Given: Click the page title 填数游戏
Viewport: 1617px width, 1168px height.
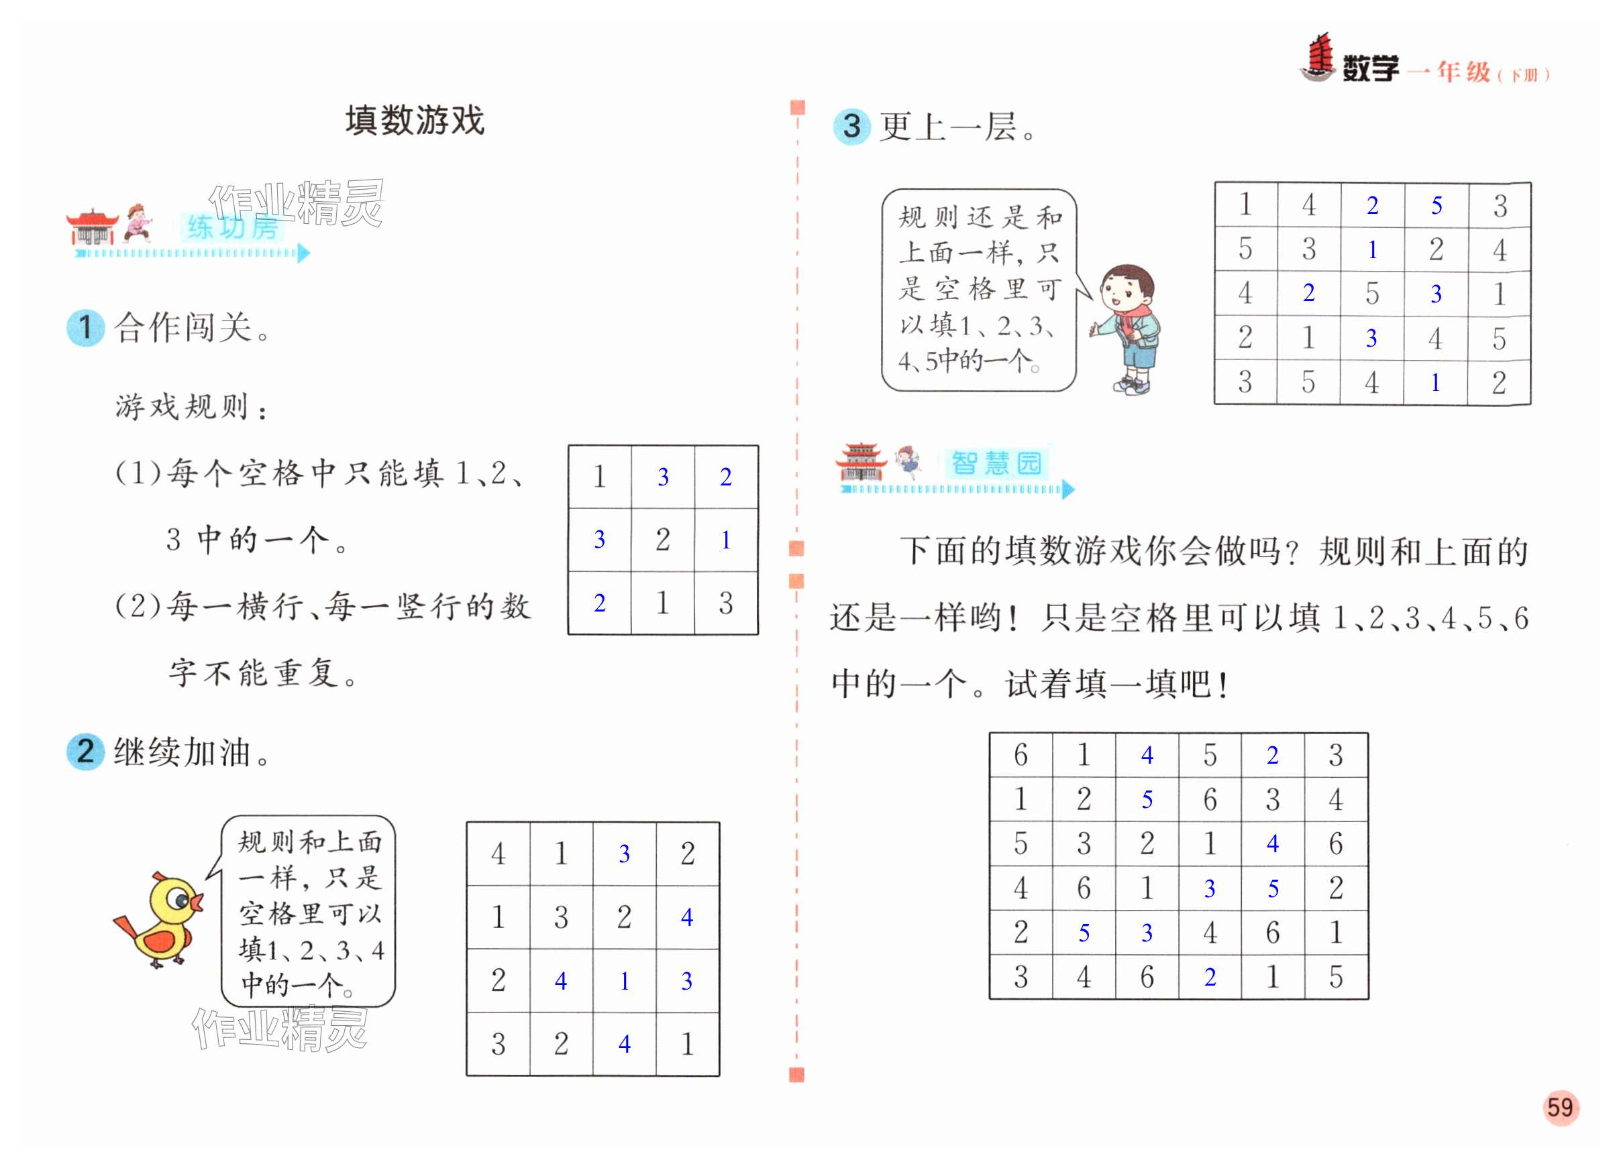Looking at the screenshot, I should click(415, 121).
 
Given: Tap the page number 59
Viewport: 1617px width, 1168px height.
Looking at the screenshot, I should click(1560, 1107).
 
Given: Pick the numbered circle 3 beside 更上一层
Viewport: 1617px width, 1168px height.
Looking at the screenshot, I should click(851, 126).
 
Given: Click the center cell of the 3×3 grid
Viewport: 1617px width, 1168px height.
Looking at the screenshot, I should click(662, 540).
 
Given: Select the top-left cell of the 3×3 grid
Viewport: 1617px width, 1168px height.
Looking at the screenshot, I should click(600, 476).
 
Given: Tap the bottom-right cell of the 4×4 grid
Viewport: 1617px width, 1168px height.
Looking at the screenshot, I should click(687, 1044).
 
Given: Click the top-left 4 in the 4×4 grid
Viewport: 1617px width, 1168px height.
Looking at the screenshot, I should click(499, 853).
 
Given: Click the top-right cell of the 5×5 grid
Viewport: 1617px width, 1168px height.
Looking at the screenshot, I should click(1500, 206).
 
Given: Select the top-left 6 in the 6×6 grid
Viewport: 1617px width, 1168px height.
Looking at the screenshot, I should click(1021, 755).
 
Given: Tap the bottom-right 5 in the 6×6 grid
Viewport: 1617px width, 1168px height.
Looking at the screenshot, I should click(1336, 976).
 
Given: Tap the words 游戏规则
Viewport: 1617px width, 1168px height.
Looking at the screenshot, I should click(182, 407).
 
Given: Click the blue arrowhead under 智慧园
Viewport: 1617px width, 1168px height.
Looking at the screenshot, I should click(1067, 489).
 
